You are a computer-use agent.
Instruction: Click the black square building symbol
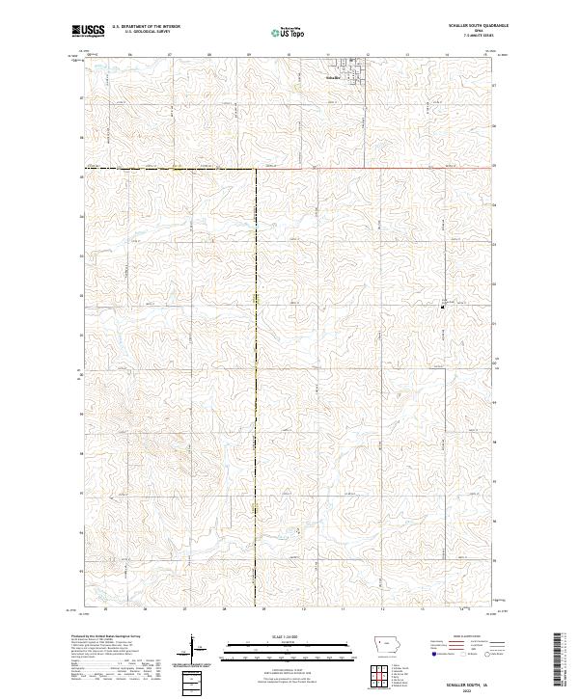click(443, 307)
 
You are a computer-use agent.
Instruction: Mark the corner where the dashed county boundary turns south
click(256, 169)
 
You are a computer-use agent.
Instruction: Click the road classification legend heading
click(466, 637)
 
